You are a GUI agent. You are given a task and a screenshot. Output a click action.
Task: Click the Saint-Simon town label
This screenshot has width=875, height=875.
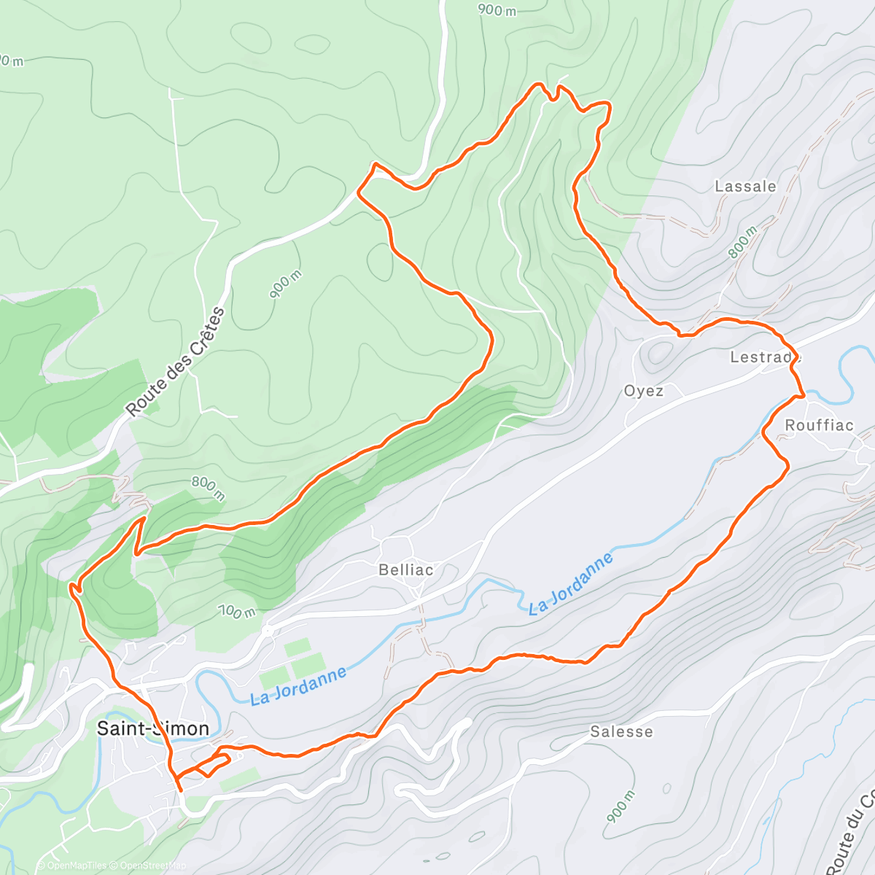pos(153,728)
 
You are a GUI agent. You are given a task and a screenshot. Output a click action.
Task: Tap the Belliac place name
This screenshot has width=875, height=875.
pos(406,569)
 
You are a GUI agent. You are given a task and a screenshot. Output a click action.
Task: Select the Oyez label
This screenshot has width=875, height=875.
pos(644,391)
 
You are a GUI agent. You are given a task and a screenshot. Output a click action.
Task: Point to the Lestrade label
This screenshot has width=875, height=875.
pos(765,357)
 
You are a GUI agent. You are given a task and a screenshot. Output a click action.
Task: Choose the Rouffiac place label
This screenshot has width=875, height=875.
pos(819,425)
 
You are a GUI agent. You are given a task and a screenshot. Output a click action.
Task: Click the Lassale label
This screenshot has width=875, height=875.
pos(745,187)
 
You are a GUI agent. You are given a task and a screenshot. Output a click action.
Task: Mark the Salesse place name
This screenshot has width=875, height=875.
pos(621,731)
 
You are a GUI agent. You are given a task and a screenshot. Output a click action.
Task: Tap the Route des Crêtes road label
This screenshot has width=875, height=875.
pos(176,362)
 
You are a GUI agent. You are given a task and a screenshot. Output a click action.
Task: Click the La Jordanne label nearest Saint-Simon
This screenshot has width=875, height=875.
pos(298,686)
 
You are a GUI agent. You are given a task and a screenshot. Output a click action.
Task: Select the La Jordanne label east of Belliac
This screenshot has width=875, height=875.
pos(571,584)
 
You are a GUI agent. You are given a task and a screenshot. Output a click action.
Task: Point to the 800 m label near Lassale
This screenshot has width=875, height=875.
pos(744,243)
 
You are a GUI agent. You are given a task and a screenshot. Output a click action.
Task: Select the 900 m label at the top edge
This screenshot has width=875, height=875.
pos(497,9)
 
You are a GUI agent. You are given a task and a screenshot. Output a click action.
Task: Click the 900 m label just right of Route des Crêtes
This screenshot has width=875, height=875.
pos(285,284)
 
